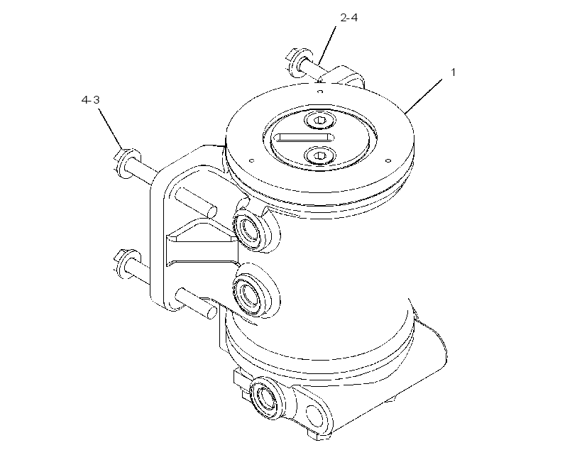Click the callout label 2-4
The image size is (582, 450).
349,18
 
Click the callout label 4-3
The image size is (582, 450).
91,100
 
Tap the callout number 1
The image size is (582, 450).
453,72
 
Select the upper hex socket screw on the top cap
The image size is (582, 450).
320,120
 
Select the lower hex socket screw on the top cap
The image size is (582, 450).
320,155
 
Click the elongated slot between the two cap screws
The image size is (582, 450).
304,138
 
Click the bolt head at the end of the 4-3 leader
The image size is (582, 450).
127,163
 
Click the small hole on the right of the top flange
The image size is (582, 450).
388,161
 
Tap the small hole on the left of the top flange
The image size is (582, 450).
252,161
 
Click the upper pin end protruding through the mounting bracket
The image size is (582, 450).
195,202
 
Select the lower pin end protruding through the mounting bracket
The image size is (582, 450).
196,303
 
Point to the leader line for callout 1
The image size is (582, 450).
424,96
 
